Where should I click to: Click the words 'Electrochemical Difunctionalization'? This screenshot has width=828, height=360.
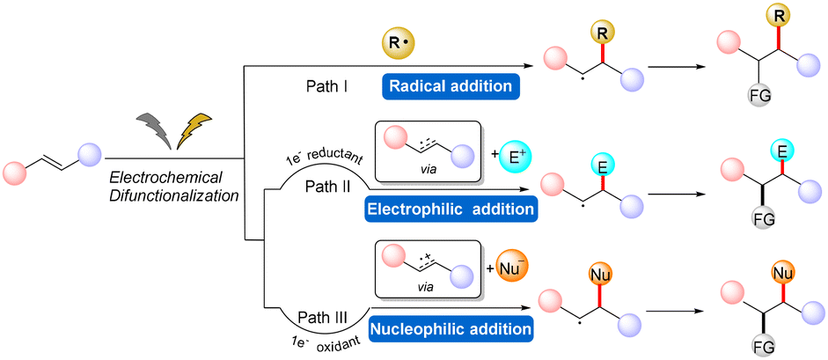[x=173, y=186]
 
